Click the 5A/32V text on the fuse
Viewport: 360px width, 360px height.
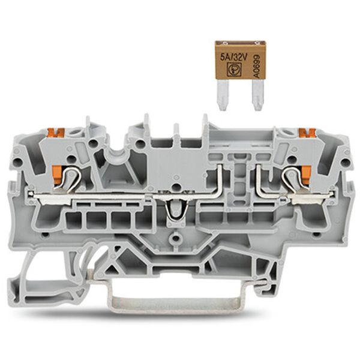[x=233, y=57]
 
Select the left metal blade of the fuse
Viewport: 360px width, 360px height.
[x=223, y=95]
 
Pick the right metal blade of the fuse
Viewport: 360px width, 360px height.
[x=258, y=95]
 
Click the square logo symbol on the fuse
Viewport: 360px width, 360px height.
[x=233, y=70]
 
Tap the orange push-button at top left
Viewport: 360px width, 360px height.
[x=55, y=133]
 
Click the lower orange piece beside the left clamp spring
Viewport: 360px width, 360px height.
[x=57, y=175]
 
